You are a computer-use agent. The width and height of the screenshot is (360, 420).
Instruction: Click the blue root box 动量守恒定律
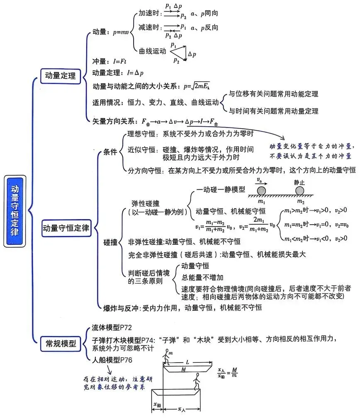(x=15, y=211)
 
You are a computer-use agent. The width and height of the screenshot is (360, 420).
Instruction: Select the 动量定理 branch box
(x=61, y=76)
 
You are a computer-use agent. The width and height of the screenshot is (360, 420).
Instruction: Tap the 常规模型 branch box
(x=61, y=344)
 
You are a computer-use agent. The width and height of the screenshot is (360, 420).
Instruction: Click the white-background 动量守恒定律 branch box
(x=66, y=228)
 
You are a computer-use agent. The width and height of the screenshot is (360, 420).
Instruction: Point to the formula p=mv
(x=121, y=32)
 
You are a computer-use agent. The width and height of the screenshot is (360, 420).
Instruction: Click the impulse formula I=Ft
(x=119, y=61)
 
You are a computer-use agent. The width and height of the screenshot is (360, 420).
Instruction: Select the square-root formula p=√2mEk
(x=197, y=86)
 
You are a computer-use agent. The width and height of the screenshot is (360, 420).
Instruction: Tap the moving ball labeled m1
(x=261, y=191)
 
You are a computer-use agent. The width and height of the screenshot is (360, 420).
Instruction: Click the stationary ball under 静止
(x=299, y=191)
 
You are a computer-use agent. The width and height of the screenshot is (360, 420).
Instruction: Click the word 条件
(x=110, y=152)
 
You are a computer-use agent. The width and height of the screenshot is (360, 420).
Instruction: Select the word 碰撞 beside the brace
(x=110, y=242)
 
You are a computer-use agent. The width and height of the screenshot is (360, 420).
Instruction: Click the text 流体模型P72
(x=112, y=327)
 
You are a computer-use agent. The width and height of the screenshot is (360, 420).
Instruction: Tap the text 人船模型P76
(x=112, y=360)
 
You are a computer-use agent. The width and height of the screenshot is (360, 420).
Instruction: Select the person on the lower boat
(x=197, y=381)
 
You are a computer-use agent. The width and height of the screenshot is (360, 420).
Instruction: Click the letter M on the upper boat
(x=183, y=369)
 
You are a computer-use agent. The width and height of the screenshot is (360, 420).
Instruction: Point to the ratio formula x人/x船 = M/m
(x=227, y=372)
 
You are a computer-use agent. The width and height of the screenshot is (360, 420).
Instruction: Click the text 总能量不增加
(x=202, y=278)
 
